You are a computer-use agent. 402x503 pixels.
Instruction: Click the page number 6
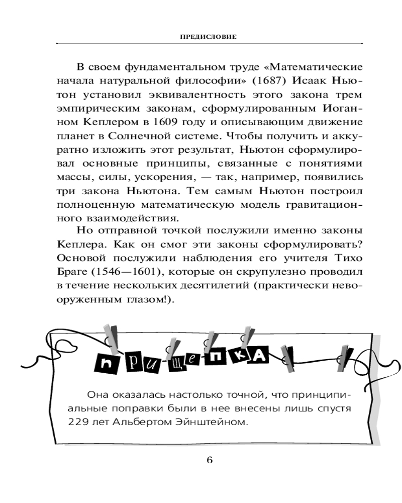pyautogui.click(x=210, y=461)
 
